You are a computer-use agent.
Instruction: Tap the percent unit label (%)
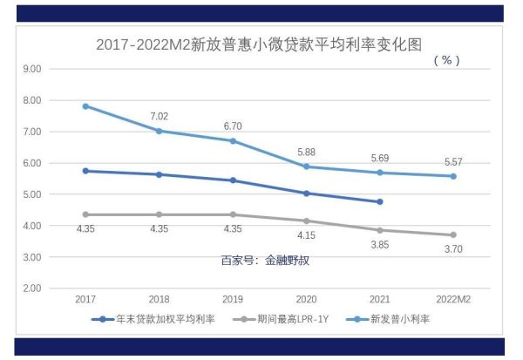[445, 60]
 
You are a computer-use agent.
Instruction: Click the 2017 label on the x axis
[85, 299]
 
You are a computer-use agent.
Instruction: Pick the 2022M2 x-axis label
[453, 299]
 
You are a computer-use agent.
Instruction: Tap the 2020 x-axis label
[306, 299]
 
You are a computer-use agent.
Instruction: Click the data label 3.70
[453, 250]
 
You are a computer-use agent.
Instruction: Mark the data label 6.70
[232, 126]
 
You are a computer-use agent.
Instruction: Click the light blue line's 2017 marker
[85, 106]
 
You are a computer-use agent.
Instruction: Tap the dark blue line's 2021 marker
[379, 201]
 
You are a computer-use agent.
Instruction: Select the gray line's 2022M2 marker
[453, 234]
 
